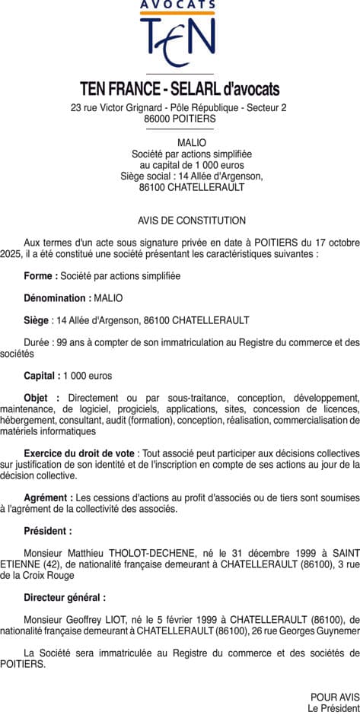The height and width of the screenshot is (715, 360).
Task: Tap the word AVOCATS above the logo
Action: [x=178, y=5]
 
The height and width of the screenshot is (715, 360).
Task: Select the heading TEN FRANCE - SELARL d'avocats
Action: [x=180, y=89]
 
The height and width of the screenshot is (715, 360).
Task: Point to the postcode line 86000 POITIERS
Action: [x=180, y=119]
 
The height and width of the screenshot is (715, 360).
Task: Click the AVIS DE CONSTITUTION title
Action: [x=192, y=221]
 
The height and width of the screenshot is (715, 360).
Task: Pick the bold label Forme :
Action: [x=41, y=275]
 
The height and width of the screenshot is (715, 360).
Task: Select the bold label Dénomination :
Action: [x=58, y=297]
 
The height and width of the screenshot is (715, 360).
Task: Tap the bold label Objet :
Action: [x=41, y=398]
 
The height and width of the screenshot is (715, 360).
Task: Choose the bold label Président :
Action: [x=48, y=531]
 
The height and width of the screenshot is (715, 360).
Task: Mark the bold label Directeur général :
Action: [x=65, y=598]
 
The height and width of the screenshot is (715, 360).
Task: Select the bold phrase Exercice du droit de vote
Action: [x=79, y=453]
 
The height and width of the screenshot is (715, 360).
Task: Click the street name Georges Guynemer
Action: [x=320, y=631]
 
